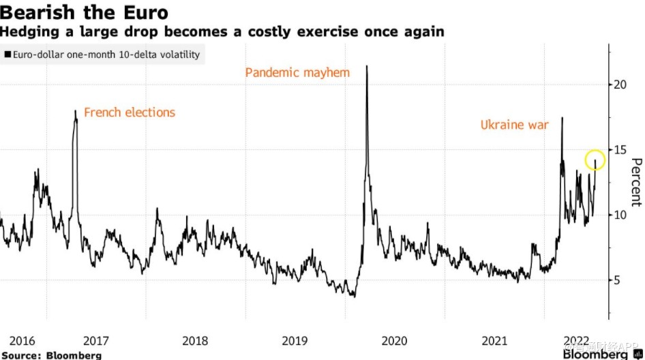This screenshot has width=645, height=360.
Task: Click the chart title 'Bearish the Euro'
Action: pyautogui.click(x=85, y=12)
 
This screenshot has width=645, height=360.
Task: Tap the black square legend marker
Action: pyautogui.click(x=7, y=55)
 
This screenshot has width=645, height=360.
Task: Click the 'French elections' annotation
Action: pyautogui.click(x=130, y=112)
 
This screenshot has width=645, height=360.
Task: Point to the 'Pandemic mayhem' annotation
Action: pyautogui.click(x=297, y=72)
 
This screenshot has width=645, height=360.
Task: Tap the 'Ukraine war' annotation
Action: pyautogui.click(x=514, y=125)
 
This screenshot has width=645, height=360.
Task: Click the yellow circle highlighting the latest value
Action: pyautogui.click(x=595, y=160)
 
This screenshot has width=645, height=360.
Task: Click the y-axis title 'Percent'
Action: pyautogui.click(x=635, y=182)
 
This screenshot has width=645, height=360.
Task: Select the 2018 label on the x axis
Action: pyautogui.click(x=195, y=341)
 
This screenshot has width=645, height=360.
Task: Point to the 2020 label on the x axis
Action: pyautogui.click(x=394, y=341)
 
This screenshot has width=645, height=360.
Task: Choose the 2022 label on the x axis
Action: pyautogui.click(x=577, y=340)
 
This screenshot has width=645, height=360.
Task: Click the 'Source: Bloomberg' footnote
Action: pyautogui.click(x=51, y=355)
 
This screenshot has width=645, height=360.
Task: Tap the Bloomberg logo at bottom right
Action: pyautogui.click(x=595, y=355)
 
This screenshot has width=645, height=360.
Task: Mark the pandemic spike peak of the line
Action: pyautogui.click(x=367, y=66)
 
